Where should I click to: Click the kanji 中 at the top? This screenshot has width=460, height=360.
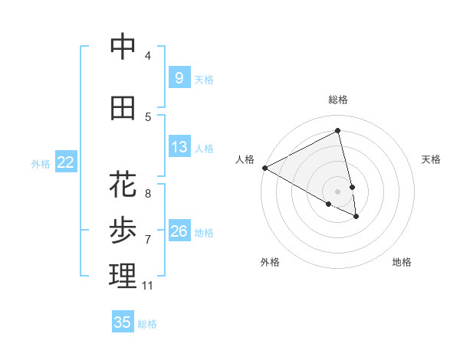coord(123,47)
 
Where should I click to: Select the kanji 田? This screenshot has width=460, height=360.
coord(123,109)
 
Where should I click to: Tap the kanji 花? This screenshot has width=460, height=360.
coord(123,185)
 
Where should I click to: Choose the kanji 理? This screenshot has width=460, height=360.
coord(123,276)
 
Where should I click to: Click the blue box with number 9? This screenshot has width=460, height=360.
coord(179,77)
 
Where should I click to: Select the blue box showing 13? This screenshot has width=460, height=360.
coord(179,147)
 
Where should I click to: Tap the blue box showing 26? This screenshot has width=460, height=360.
coord(179,231)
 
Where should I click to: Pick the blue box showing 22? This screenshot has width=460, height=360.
coord(65,162)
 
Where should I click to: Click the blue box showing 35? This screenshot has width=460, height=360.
coord(123,322)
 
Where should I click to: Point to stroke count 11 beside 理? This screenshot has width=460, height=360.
coord(147,286)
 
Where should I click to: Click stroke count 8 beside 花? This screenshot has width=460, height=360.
coord(147,194)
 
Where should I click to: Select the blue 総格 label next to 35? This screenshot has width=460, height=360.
coord(147,324)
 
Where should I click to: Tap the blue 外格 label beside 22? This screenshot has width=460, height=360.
coord(40,163)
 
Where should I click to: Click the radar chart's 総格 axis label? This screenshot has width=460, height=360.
coord(338,100)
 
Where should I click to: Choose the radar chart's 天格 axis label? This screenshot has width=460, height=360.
coord(432,159)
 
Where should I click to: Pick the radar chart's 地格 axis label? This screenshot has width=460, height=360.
coord(402,262)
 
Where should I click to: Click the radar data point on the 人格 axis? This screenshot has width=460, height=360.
coord(264,167)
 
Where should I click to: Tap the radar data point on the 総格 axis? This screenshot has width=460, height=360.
coord(338,130)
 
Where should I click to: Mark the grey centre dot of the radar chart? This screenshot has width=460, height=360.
coord(338,191)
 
